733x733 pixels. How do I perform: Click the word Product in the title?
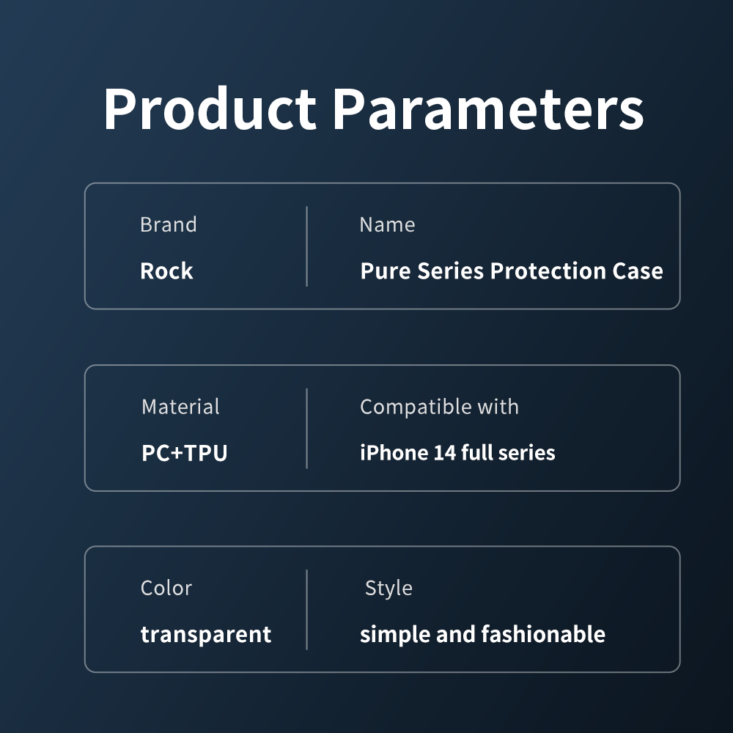(x=210, y=110)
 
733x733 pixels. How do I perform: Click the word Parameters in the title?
(x=487, y=110)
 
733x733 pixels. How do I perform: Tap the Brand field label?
(x=168, y=224)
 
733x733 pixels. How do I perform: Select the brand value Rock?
(x=166, y=271)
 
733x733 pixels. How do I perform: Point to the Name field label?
(x=387, y=224)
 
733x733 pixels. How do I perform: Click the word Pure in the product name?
(x=386, y=271)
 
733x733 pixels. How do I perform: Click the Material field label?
(x=180, y=407)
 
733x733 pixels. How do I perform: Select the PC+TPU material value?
(x=184, y=453)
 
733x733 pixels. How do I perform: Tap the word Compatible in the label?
(x=416, y=407)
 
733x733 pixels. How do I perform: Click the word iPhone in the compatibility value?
(x=394, y=453)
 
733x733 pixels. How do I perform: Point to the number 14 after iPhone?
(x=445, y=453)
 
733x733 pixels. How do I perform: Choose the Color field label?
(x=166, y=588)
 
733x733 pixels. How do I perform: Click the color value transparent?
(x=206, y=635)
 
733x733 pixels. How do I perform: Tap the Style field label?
(x=388, y=588)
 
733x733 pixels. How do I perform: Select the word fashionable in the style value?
(x=542, y=634)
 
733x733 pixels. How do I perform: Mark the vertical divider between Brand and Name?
(x=306, y=246)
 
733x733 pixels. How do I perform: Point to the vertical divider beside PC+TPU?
(x=306, y=428)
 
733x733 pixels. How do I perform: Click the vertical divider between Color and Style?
(x=306, y=609)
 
